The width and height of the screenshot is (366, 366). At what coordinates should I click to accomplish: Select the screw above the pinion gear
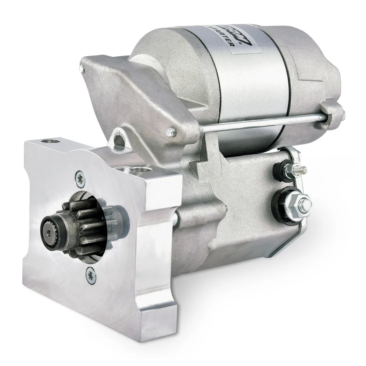tap(80, 178)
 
